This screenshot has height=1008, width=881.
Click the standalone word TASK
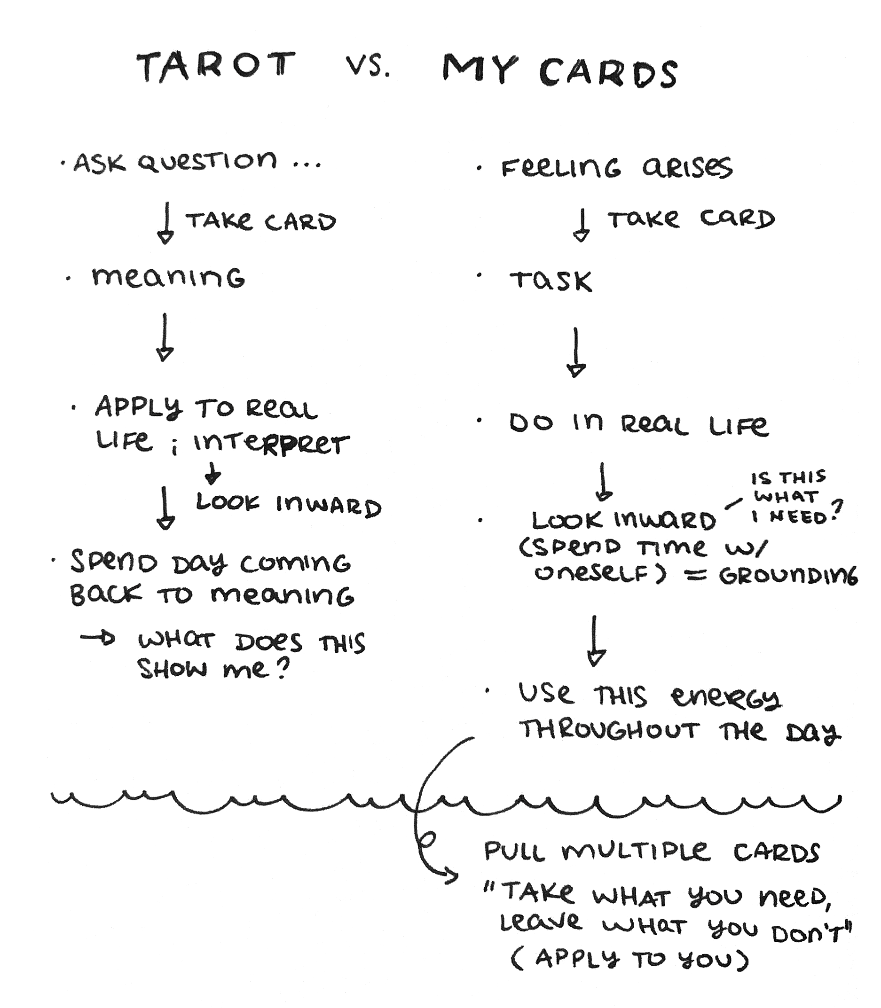coord(551,281)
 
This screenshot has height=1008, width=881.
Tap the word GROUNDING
coord(787,575)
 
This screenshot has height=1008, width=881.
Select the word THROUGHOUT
coord(609,731)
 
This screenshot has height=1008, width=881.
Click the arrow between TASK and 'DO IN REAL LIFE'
coord(576,352)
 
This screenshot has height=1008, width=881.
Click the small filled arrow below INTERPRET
coord(212,473)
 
